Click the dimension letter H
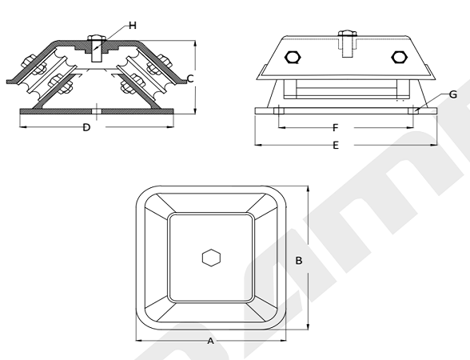pyautogui.click(x=133, y=26)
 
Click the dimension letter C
pyautogui.click(x=190, y=79)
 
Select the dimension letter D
pyautogui.click(x=86, y=127)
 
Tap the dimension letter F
pyautogui.click(x=336, y=128)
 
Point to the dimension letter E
pyautogui.click(x=336, y=146)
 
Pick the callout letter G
pyautogui.click(x=453, y=94)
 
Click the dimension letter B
pyautogui.click(x=299, y=261)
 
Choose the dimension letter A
pyautogui.click(x=211, y=341)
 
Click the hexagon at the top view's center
pyautogui.click(x=211, y=258)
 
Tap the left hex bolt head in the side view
pyautogui.click(x=293, y=58)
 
